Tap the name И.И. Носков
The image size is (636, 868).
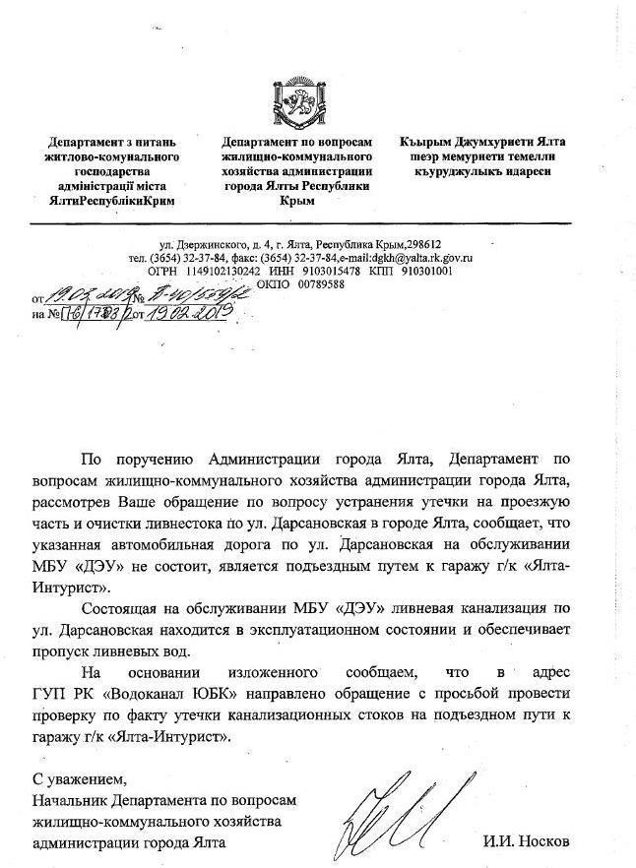526,841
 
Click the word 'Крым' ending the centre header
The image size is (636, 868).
296,201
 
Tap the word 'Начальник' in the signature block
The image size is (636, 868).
69,799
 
